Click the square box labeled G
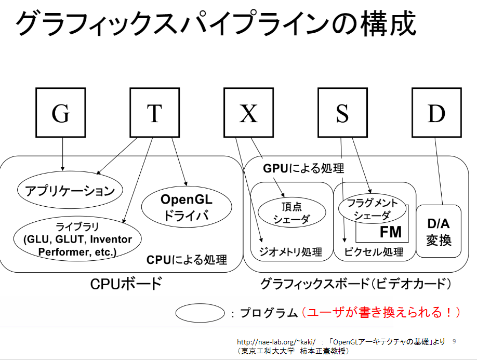61,113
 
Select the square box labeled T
154,113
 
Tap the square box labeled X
248,113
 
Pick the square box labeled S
342,113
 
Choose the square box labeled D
436,113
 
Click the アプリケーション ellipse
70,190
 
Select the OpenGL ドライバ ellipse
187,207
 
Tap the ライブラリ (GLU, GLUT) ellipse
77,239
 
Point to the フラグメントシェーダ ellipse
373,209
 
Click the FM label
391,232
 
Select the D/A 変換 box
439,231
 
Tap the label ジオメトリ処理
290,252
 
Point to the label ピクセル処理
374,252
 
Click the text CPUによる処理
187,260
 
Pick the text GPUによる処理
303,168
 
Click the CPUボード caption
126,284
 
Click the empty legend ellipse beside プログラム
200,313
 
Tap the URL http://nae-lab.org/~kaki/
276,342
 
